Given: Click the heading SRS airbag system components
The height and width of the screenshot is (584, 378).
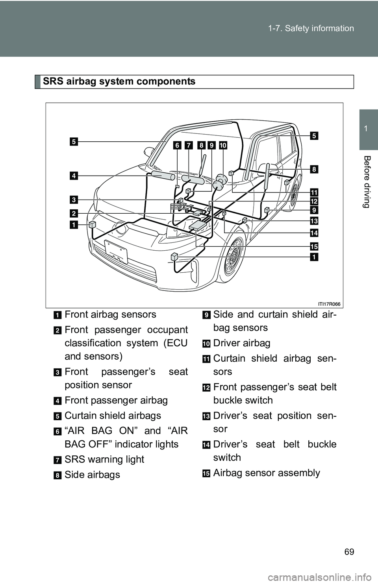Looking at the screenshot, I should [119, 81].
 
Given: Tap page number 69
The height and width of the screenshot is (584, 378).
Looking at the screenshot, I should [349, 551].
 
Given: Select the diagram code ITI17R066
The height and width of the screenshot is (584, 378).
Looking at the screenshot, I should [330, 304].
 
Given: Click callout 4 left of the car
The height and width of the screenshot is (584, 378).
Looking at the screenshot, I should [74, 176].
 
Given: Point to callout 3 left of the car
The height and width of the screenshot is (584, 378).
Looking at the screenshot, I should [74, 200].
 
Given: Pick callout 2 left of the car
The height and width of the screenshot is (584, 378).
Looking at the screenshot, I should [74, 213].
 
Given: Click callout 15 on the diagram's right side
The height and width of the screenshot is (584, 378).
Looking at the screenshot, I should [314, 247].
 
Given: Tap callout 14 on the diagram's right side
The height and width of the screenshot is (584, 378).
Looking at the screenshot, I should [314, 233].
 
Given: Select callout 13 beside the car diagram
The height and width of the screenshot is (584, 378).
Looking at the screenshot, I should [314, 221].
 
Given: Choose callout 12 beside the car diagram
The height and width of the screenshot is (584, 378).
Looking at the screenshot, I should [314, 201].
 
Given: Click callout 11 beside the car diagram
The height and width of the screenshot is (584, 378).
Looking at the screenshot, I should [314, 192].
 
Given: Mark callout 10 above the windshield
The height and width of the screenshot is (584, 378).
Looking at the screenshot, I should [223, 145].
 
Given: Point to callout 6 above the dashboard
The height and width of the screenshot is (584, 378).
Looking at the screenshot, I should [177, 145].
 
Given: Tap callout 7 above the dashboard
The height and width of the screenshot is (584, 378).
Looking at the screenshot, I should [189, 145].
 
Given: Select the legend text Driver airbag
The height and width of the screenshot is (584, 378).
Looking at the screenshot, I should [241, 343].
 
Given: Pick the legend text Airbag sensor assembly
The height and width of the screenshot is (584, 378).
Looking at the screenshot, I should [267, 473].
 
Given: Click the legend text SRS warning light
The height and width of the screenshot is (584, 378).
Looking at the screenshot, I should [104, 460].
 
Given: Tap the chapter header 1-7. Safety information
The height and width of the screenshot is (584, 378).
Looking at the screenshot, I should [311, 28].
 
